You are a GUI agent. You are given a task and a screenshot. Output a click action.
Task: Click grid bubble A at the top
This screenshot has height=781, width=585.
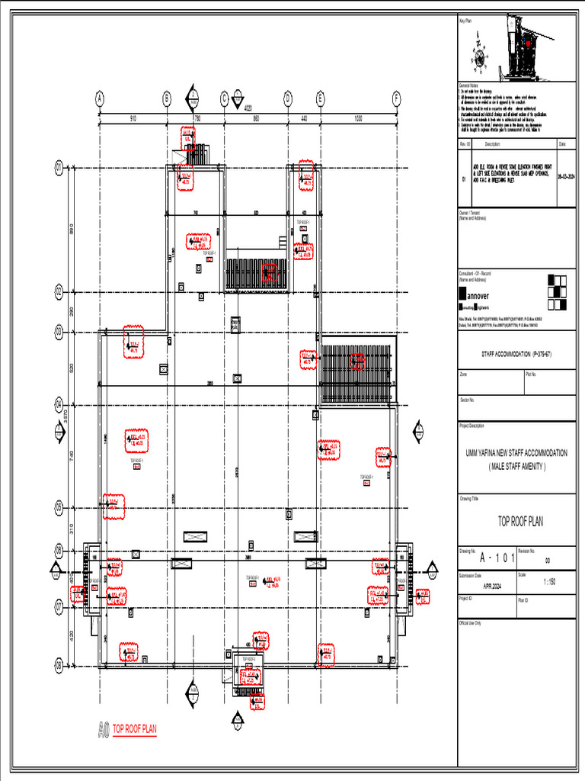99,98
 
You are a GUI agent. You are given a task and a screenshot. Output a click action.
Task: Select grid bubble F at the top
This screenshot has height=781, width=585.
396,98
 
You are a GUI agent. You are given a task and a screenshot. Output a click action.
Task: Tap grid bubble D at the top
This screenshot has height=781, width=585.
288,98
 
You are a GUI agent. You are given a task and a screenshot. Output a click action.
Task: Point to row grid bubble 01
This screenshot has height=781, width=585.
58,169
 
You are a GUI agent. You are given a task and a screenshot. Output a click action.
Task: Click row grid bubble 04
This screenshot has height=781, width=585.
58,403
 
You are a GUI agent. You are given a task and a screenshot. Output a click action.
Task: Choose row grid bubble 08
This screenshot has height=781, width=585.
58,665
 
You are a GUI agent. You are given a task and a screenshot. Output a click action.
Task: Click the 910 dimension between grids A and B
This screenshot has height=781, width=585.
133,118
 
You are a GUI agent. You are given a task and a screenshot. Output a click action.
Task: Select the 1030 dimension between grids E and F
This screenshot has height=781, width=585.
358,118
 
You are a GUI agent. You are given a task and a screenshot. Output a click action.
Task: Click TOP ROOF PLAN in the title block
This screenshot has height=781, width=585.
520,522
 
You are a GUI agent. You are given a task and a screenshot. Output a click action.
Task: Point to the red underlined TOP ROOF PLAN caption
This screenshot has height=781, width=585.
135,729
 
